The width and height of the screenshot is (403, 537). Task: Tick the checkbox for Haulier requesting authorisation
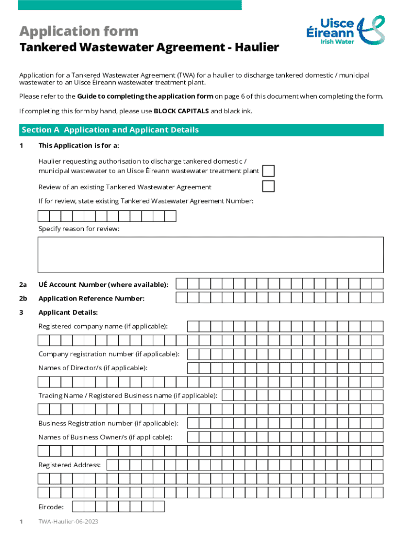[x=268, y=171]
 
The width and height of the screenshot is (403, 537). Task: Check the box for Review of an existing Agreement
[x=268, y=187]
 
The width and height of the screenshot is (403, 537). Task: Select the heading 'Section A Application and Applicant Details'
[x=110, y=130]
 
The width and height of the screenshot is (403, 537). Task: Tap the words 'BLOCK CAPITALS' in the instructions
[x=181, y=111]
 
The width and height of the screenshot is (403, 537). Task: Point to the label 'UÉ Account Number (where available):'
[x=103, y=285]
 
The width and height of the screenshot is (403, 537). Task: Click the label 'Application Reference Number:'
[x=91, y=298]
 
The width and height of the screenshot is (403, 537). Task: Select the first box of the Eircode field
[x=77, y=507]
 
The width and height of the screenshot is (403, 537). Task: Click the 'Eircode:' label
[x=51, y=507]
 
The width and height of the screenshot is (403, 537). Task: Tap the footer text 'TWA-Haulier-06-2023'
[x=68, y=522]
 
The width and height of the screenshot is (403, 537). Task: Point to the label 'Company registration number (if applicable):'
[x=108, y=354]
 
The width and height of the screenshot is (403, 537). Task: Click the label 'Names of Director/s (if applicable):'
[x=93, y=368]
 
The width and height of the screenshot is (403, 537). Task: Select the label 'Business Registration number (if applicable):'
[x=108, y=423]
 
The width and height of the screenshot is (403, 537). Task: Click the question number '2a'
[x=23, y=285]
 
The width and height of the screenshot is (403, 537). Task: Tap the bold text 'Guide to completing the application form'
[x=145, y=96]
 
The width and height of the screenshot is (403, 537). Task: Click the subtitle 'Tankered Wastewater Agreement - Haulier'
[x=149, y=48]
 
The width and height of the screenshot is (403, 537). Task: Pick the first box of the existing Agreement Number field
[x=44, y=216]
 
